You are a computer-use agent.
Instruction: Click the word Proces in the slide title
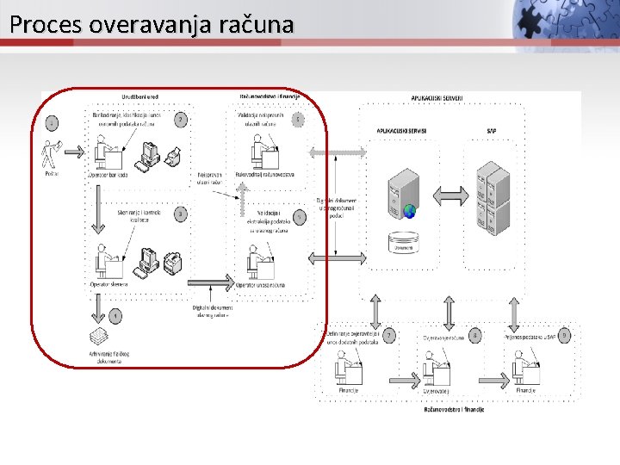(x=36, y=24)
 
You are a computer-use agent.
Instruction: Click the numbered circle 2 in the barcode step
(x=180, y=120)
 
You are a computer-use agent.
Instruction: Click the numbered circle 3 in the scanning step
(x=180, y=214)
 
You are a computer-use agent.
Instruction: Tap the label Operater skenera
(x=109, y=283)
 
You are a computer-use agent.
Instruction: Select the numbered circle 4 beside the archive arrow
(x=115, y=317)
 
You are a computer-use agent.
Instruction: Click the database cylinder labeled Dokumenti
(x=404, y=240)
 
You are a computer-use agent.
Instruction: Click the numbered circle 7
(x=389, y=334)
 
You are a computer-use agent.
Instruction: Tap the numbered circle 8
(x=475, y=334)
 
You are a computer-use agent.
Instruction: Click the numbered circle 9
(x=564, y=334)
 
